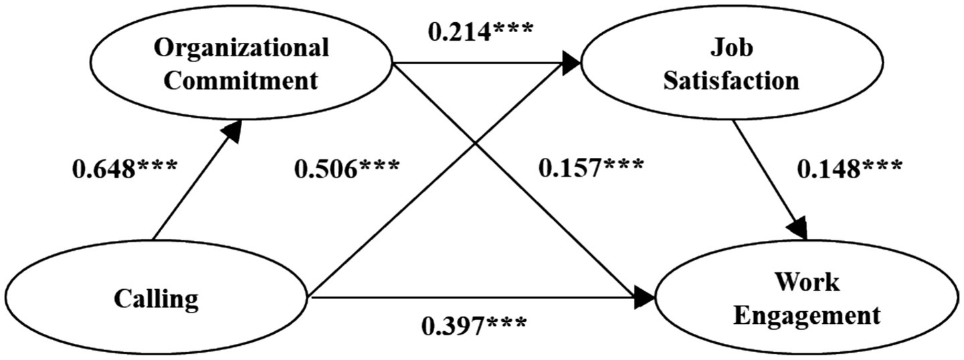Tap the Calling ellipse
point(155,298)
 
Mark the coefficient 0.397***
point(473,327)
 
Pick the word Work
point(807,282)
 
